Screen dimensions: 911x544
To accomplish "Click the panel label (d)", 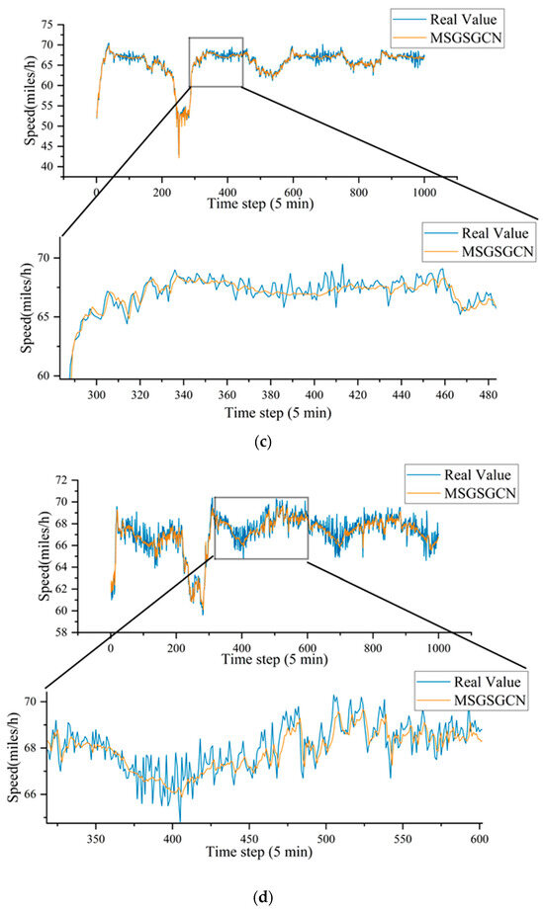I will pyautogui.click(x=272, y=897).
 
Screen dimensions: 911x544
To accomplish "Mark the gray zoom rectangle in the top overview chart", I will pyautogui.click(x=215, y=61).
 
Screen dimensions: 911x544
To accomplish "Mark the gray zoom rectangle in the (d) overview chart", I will pyautogui.click(x=261, y=528).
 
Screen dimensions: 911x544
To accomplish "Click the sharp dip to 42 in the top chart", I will pyautogui.click(x=179, y=156).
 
